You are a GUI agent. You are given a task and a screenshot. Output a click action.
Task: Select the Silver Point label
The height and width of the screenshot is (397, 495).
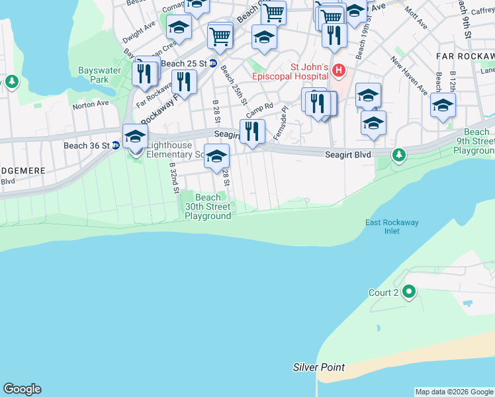(320, 367)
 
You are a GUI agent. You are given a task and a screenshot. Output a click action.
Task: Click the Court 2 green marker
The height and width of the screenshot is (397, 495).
(409, 291)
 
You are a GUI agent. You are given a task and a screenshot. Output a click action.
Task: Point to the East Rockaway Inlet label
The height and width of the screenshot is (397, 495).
(392, 226)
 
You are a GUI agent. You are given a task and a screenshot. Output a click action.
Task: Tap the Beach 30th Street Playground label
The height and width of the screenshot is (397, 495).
(208, 206)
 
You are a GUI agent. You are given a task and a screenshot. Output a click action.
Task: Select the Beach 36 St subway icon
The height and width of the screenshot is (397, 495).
(115, 146)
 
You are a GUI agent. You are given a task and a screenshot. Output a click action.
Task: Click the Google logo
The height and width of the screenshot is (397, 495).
(22, 389)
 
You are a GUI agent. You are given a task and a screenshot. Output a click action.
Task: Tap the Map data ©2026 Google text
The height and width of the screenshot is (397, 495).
(454, 392)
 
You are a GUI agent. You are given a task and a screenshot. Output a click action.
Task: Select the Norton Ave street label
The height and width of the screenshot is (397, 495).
(91, 105)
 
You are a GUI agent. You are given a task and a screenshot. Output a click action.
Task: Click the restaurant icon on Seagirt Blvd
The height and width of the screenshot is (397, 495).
(252, 131)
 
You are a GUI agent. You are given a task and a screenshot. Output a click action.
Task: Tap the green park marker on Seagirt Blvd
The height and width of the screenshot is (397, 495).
(398, 155)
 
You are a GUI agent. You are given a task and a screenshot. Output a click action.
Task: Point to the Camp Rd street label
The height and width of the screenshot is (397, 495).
(260, 107)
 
